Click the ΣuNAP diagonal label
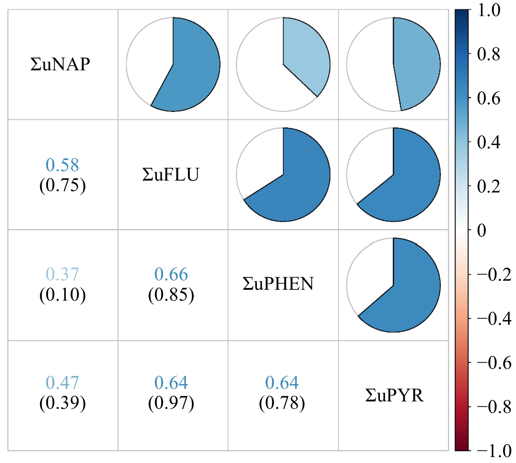[60, 64]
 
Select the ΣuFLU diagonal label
[171, 175]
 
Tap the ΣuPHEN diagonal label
[278, 284]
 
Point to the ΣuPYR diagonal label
[394, 395]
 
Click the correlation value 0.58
[63, 165]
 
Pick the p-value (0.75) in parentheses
[63, 185]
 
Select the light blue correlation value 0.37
[63, 274]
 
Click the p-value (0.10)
[63, 295]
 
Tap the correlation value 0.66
[171, 274]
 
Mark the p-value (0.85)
[171, 295]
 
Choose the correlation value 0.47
[63, 383]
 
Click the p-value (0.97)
[171, 403]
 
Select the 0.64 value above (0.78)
[282, 383]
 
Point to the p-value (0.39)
[63, 403]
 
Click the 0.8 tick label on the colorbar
[489, 55]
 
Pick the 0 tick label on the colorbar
[482, 231]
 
